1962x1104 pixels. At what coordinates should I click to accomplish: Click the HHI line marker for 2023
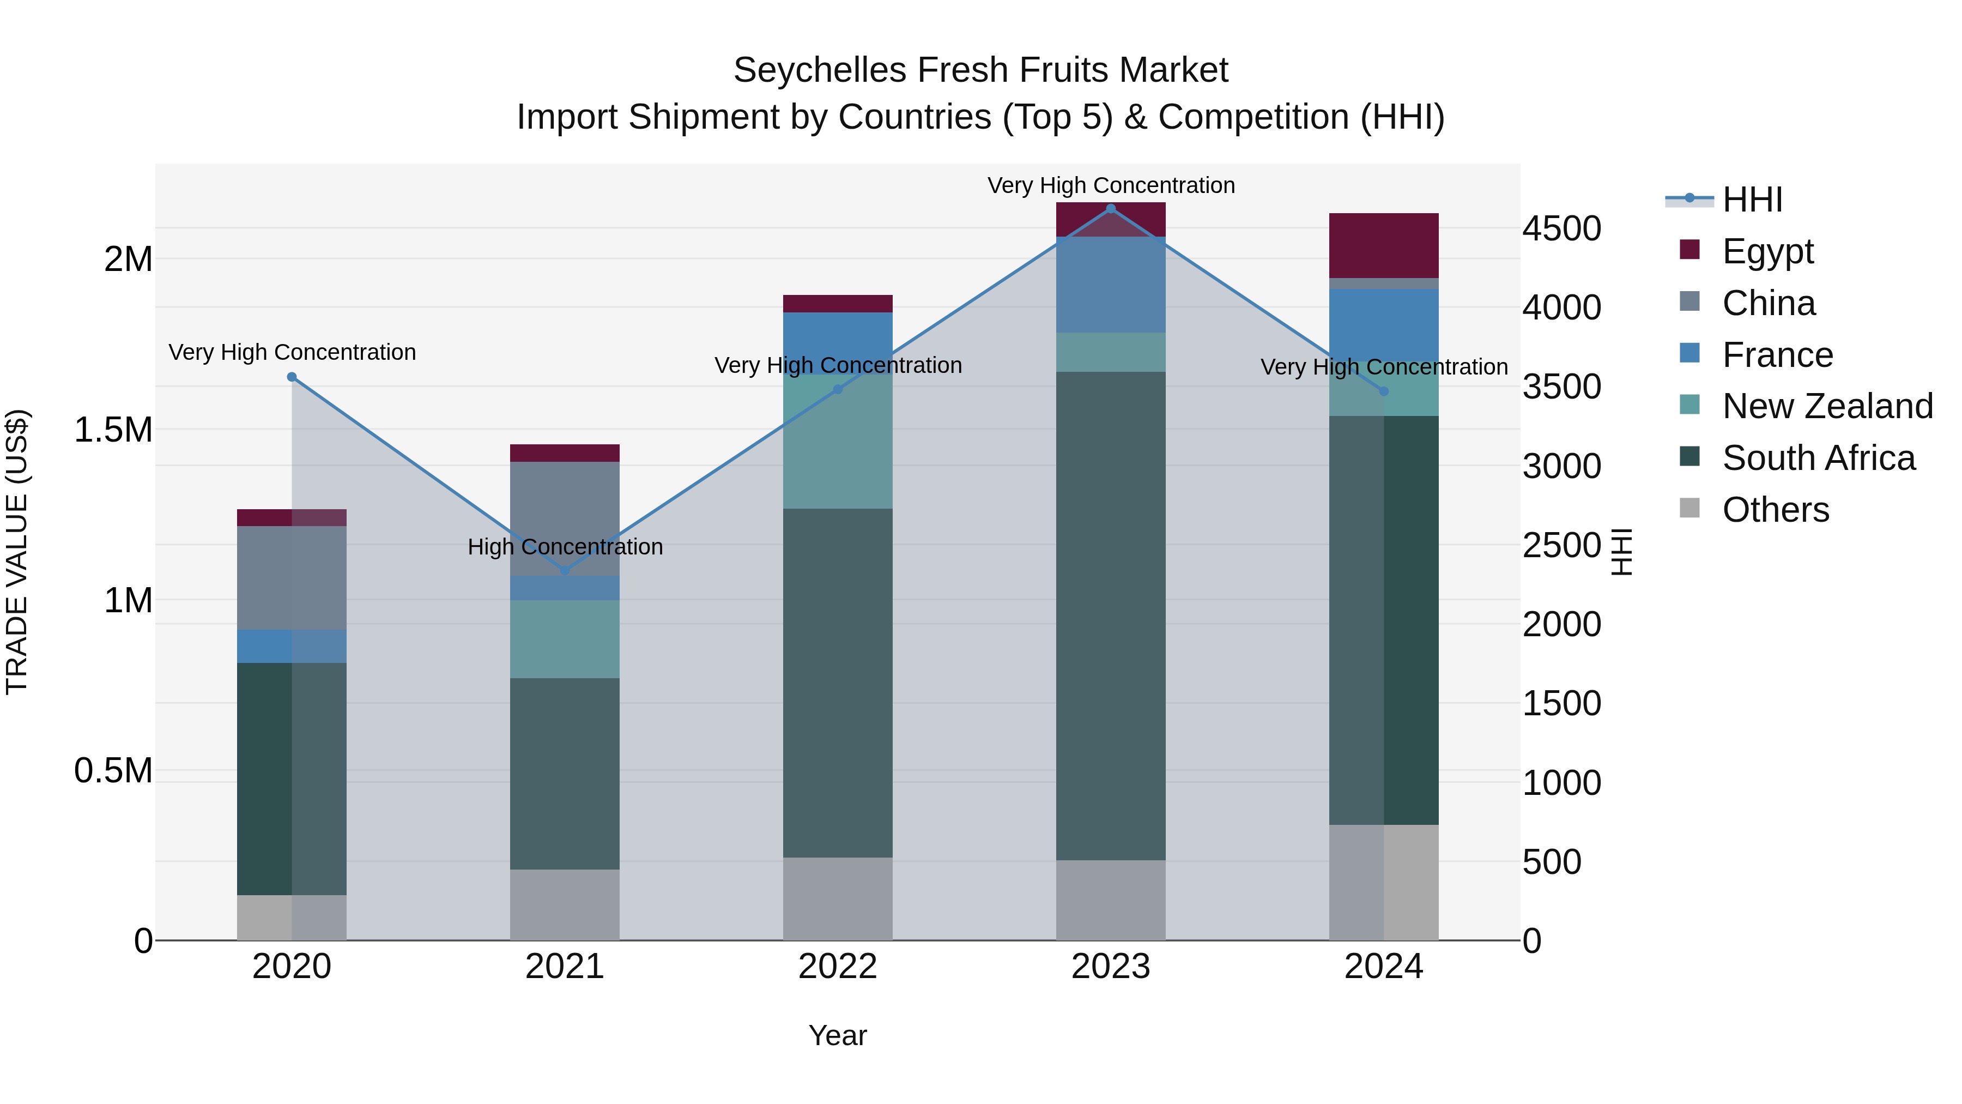(1111, 209)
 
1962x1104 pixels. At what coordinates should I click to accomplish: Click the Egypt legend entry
(1767, 251)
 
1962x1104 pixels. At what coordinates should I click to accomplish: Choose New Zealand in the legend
(1826, 406)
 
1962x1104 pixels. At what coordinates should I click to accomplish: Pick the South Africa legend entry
(1817, 458)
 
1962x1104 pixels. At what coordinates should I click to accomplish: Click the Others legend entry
(1775, 510)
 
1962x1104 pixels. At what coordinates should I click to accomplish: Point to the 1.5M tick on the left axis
(113, 430)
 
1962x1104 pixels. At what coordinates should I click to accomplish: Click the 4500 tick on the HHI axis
(1561, 228)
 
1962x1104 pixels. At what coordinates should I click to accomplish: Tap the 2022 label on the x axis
(838, 967)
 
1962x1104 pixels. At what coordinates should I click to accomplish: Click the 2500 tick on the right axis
(1561, 546)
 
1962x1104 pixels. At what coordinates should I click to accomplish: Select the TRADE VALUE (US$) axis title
(17, 552)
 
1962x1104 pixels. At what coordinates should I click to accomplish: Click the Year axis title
(838, 1035)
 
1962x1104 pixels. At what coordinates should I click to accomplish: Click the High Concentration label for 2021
(565, 547)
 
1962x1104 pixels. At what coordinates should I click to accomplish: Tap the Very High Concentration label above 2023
(1111, 185)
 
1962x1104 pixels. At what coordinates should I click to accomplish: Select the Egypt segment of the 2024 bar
(1384, 245)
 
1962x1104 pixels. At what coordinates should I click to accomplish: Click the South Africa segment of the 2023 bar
(1111, 616)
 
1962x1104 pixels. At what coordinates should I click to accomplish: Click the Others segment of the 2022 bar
(838, 899)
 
